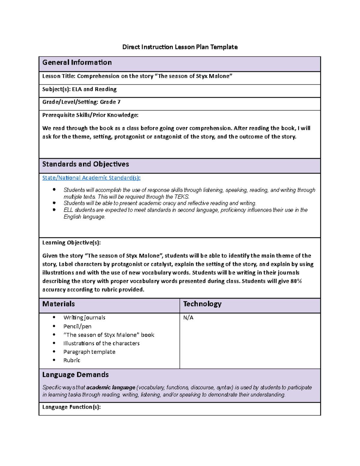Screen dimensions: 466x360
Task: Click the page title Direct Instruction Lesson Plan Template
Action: coord(180,47)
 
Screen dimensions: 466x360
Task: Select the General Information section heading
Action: coord(77,62)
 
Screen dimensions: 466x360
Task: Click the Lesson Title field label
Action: coord(59,76)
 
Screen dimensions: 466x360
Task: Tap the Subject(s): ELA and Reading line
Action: coord(79,89)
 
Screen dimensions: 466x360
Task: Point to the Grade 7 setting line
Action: coord(81,102)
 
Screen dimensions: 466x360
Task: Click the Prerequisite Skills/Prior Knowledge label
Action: coord(90,115)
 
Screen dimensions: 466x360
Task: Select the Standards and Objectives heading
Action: coord(85,164)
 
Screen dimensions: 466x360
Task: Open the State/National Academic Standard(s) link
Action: coord(91,178)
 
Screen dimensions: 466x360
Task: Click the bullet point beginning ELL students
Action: coord(185,210)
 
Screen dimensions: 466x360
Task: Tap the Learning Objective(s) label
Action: coord(71,243)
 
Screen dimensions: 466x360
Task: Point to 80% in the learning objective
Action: coord(296,281)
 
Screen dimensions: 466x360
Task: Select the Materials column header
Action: coord(58,304)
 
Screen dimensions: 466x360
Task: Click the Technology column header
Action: coord(202,304)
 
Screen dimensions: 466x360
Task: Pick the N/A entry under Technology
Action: coord(188,318)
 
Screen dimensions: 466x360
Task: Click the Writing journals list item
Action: coord(84,317)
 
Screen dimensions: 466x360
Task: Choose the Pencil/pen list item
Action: coord(77,326)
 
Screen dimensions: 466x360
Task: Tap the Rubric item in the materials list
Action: coord(72,360)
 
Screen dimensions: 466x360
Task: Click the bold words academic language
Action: coord(111,388)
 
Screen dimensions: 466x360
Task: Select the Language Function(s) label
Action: coord(71,407)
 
